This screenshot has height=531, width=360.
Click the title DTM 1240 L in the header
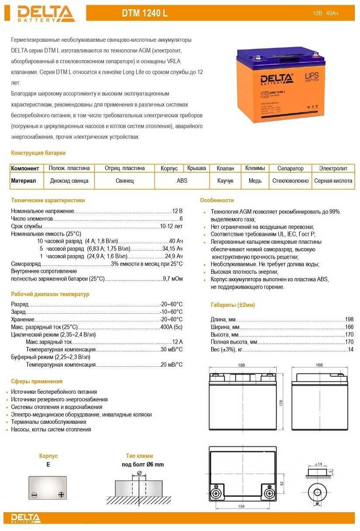coord(144,14)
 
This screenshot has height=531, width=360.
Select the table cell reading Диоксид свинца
coord(69,180)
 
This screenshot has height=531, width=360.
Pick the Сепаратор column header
coord(290,168)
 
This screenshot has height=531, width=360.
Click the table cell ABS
coord(182,180)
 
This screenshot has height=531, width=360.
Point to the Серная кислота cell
coord(333,180)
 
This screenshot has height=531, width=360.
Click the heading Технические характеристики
coord(48,201)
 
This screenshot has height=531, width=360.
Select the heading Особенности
coord(217,201)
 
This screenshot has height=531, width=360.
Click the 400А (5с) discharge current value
coord(171,327)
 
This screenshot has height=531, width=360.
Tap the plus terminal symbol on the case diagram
coord(61,495)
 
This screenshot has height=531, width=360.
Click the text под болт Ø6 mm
coord(143,465)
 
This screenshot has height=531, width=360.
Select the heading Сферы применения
coord(37,381)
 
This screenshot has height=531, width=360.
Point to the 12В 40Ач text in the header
coord(326,14)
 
